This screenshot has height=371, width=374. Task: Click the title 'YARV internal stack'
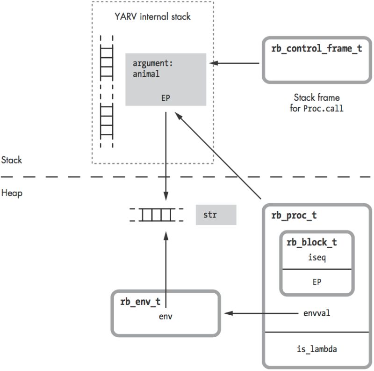[152, 17]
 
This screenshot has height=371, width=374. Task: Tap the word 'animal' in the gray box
[146, 74]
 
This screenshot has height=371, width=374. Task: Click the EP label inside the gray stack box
[165, 99]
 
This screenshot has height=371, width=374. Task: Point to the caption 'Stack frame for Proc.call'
[316, 103]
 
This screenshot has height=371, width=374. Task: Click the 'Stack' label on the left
[12, 160]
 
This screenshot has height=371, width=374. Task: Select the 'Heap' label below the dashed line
[11, 193]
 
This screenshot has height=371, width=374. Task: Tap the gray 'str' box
[216, 215]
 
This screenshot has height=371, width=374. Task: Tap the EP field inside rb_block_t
[316, 282]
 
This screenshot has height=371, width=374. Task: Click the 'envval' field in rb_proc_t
[316, 313]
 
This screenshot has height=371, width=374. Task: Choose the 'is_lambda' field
[316, 349]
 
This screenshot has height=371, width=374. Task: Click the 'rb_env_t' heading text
[139, 301]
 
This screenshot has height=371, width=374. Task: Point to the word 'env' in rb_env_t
[165, 316]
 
